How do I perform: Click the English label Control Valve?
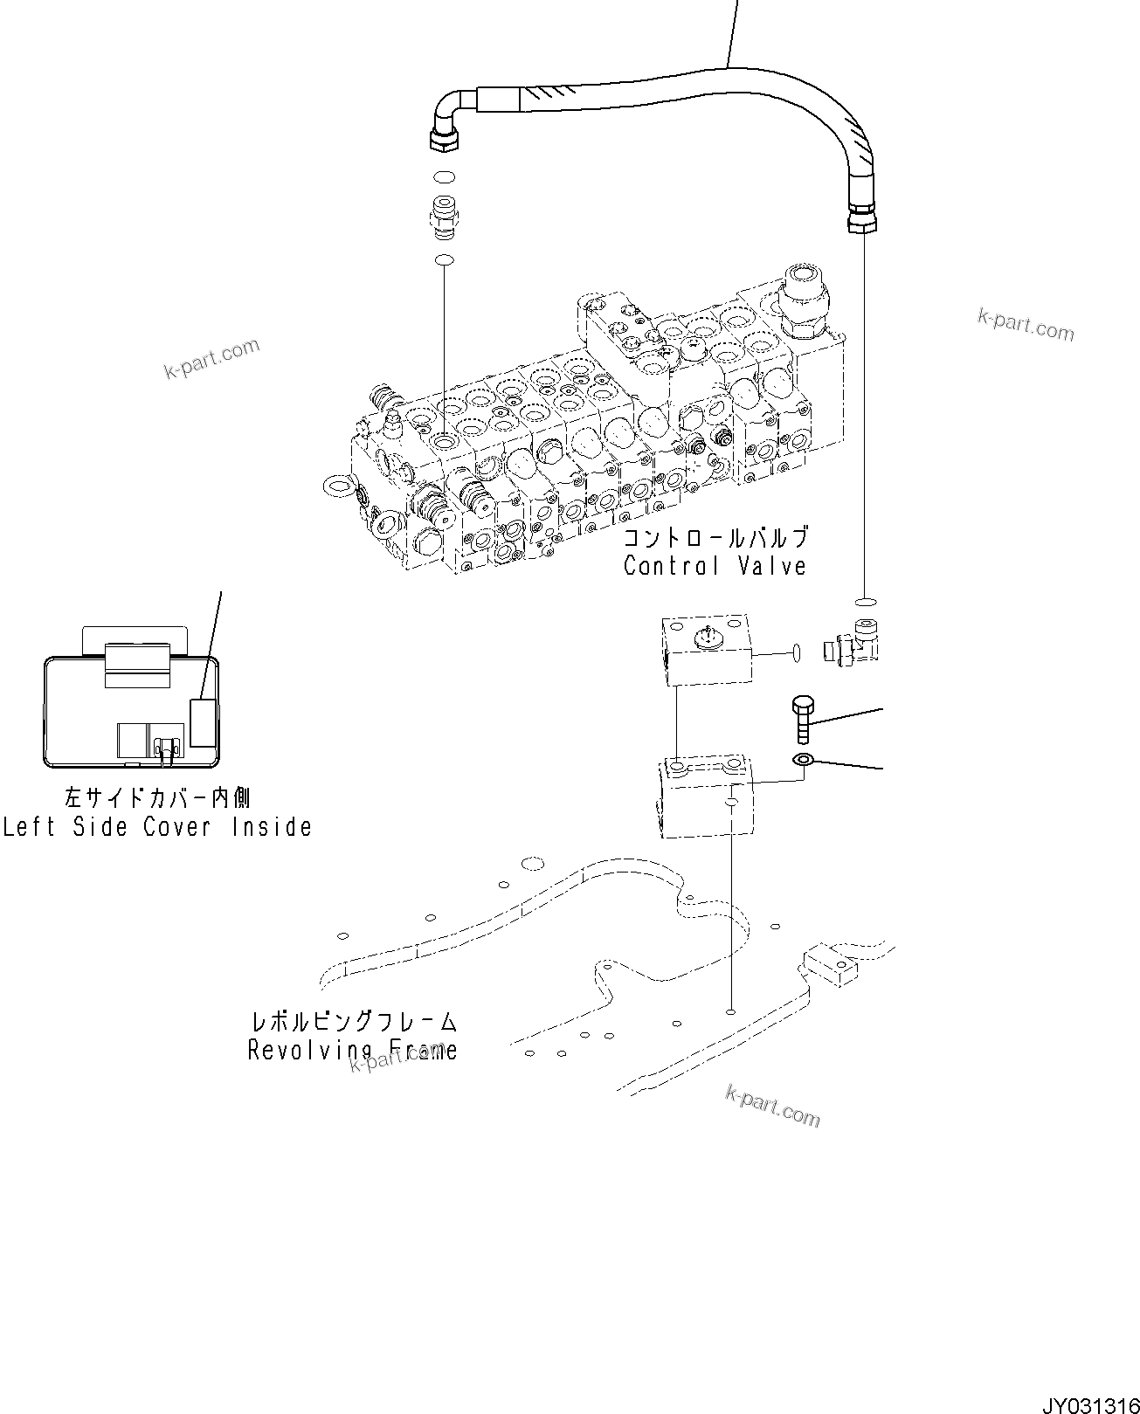point(715,566)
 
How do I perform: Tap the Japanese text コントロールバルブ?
point(715,537)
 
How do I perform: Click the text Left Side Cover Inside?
point(157,826)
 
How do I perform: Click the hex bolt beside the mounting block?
point(803,718)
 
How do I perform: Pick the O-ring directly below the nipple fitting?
point(444,259)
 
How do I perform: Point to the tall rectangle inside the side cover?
point(203,722)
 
